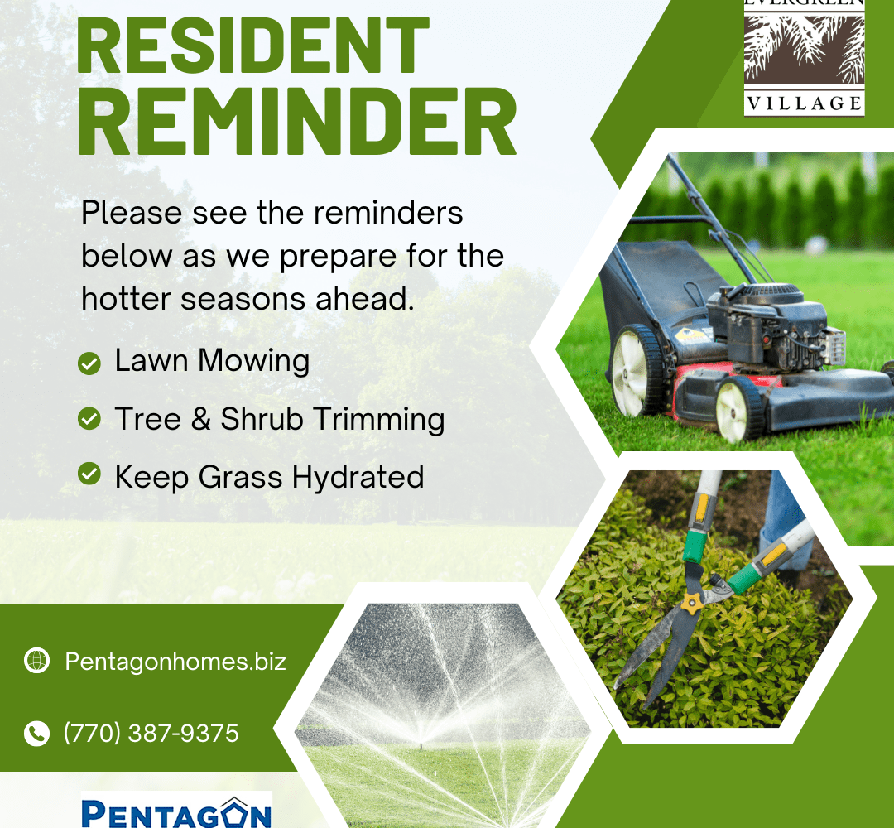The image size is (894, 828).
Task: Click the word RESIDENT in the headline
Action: [252, 45]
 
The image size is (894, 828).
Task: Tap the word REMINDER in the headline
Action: [296, 122]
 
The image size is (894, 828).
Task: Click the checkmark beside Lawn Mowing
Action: [89, 363]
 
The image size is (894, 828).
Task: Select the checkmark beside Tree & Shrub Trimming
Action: [89, 419]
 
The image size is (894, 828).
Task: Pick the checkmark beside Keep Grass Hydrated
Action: [89, 474]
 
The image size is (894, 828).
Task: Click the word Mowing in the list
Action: [254, 362]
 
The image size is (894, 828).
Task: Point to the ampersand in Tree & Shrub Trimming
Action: [200, 419]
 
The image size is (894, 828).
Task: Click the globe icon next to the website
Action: [37, 661]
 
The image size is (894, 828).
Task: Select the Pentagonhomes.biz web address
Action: [175, 662]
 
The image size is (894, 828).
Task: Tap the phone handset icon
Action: [37, 734]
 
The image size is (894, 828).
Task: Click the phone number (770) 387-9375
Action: [151, 734]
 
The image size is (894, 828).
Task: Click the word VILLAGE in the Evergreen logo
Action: [805, 103]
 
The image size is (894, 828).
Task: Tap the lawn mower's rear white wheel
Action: [634, 371]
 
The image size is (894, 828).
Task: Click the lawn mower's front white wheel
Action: [737, 409]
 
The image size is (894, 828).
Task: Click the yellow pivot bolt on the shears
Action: [691, 603]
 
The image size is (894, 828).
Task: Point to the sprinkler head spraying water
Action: [421, 743]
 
